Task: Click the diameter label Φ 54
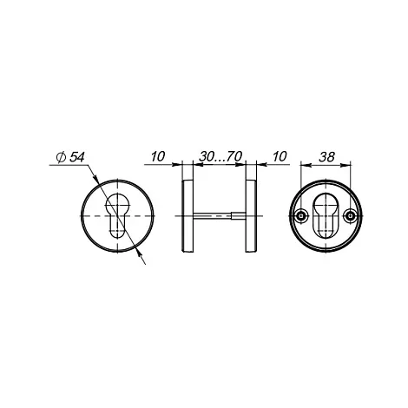pos(70,157)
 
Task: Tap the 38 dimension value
pos(326,157)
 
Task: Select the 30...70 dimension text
pos(220,156)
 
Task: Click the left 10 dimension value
pos(158,156)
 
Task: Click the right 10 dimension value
pos(280,156)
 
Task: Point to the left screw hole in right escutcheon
pos(301,216)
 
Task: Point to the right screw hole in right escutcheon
pos(351,216)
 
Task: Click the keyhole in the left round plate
pos(117,215)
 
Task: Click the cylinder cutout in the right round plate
pos(326,217)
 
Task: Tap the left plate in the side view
pos(188,216)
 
